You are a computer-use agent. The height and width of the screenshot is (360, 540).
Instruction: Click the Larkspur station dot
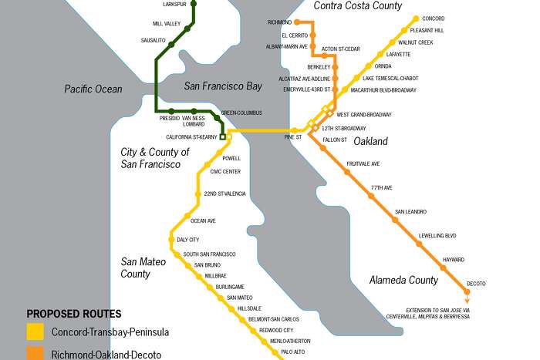(193, 4)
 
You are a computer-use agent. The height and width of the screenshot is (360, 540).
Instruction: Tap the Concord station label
(434, 18)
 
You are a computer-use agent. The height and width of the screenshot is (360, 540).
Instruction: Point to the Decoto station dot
(467, 292)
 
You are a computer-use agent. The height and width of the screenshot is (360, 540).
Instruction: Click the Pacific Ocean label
(93, 89)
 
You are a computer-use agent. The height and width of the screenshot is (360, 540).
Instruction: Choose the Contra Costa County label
(358, 6)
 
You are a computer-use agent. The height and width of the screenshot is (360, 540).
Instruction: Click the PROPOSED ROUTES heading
(74, 314)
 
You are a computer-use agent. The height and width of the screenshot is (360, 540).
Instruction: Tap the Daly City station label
(187, 240)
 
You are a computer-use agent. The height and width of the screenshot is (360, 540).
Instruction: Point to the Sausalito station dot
(172, 45)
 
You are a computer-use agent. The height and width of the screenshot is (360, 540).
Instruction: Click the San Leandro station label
(410, 212)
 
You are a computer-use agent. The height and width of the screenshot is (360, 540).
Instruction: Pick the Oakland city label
(370, 141)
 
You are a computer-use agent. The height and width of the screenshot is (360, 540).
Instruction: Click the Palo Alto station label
(293, 352)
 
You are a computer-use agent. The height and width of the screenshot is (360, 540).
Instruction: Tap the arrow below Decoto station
(467, 301)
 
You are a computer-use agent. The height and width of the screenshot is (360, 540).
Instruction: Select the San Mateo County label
(146, 267)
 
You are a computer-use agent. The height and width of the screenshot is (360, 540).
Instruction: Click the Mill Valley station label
(167, 24)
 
